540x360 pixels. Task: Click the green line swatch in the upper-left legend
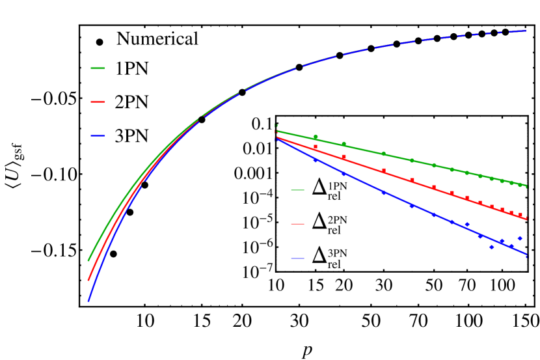pos(98,68)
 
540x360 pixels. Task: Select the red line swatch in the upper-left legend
pos(98,102)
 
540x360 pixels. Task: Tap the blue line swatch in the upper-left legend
pos(98,136)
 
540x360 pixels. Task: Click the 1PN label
pos(337,186)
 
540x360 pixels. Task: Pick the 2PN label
pos(337,220)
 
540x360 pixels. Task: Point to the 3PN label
pos(337,254)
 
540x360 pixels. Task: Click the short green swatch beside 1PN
pos(297,190)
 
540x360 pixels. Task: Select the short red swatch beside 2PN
pos(297,224)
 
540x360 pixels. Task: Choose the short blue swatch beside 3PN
pos(297,258)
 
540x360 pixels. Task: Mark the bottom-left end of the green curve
pos(88,260)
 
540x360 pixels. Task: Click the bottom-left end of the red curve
pos(88,281)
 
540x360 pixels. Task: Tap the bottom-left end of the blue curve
pos(88,301)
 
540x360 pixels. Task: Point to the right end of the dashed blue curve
pos(526,31)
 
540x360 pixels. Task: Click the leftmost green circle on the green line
pos(316,137)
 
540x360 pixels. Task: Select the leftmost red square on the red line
pos(316,147)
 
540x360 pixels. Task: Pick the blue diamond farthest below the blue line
pos(491,247)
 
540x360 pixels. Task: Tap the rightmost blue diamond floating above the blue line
pos(519,238)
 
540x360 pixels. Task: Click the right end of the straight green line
pos(526,187)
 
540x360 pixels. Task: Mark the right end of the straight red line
pos(526,219)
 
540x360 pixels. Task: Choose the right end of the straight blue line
pos(526,255)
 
